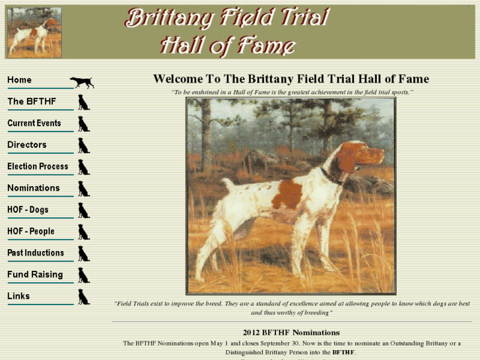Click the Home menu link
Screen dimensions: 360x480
[x=20, y=80]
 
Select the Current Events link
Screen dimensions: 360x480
[x=34, y=124]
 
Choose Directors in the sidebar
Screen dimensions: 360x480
[x=27, y=145]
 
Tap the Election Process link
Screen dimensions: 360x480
[x=38, y=166]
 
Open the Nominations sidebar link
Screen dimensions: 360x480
[x=33, y=188]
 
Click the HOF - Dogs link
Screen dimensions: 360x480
[x=28, y=210]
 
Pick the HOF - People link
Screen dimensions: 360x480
[x=31, y=231]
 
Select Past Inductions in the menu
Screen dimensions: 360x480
[x=36, y=253]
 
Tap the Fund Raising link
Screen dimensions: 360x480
[x=35, y=275]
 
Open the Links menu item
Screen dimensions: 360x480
[x=18, y=296]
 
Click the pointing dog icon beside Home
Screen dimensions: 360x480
[x=82, y=82]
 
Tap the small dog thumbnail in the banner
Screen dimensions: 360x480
[x=34, y=32]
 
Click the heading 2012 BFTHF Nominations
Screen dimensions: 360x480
[x=291, y=332]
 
